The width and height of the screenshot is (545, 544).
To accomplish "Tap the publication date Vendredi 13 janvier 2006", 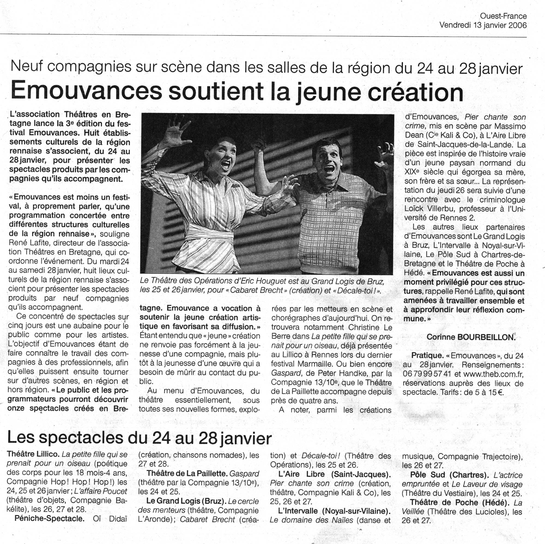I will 483,25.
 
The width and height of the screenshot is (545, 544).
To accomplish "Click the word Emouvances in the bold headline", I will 86,92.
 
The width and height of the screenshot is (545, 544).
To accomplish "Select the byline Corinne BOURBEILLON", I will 471,337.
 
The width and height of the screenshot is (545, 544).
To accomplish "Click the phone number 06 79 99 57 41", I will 427,374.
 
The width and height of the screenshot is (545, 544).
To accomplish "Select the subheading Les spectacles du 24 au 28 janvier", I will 139,438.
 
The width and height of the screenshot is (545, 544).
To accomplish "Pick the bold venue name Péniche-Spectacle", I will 50,519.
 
